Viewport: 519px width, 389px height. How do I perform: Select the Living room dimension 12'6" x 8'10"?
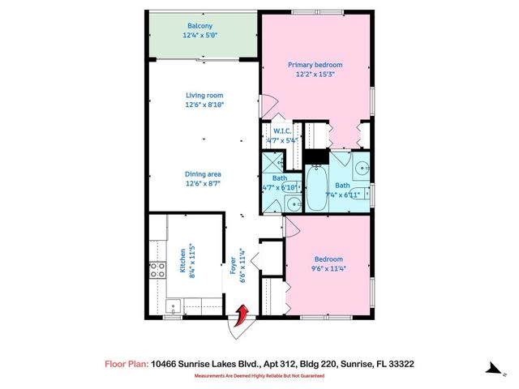tap(203, 105)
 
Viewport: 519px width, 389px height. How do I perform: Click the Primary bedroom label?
tap(315, 64)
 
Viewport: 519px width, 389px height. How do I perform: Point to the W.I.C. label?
tap(281, 130)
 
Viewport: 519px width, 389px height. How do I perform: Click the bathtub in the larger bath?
tap(315, 186)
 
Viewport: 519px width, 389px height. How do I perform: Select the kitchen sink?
tap(170, 306)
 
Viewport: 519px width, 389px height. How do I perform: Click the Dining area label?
tap(203, 174)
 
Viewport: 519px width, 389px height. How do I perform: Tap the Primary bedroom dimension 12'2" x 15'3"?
tap(315, 74)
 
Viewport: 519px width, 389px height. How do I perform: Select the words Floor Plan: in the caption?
tap(126, 365)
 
